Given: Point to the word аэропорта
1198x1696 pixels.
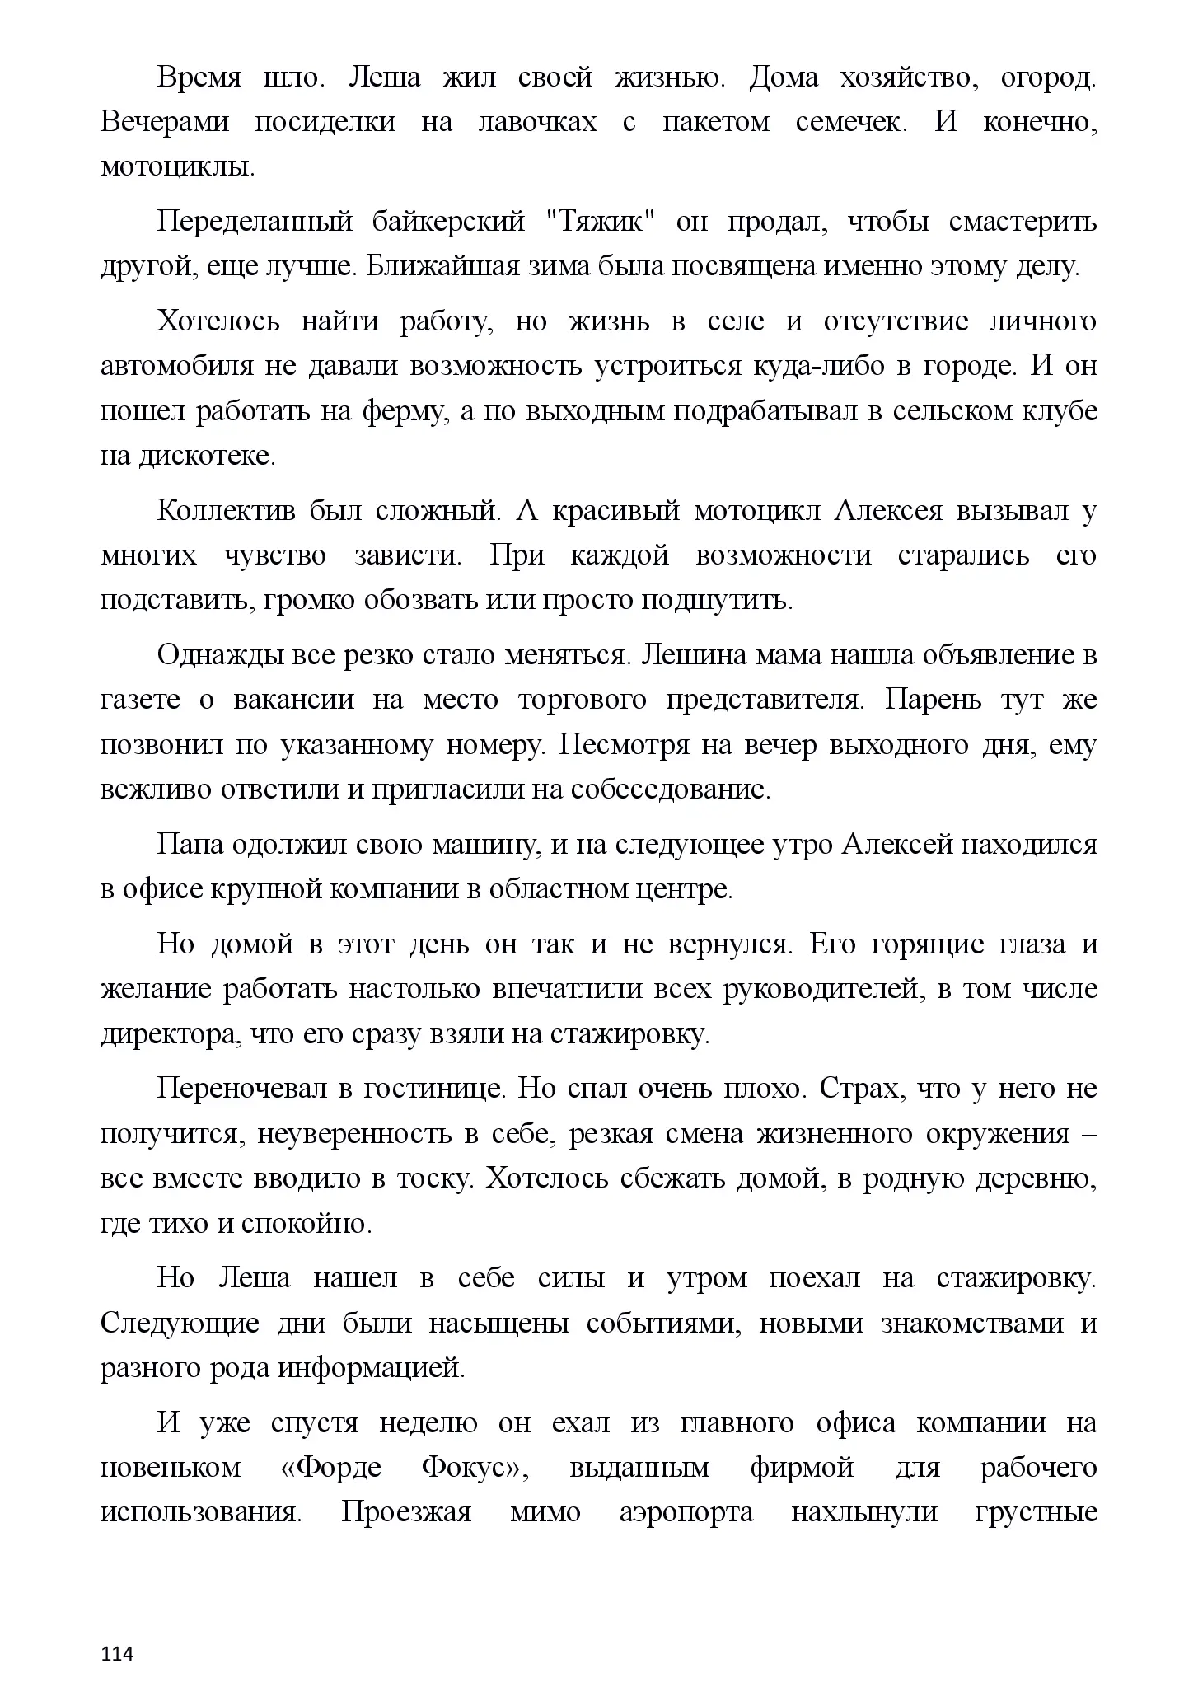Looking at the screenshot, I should (x=686, y=1512).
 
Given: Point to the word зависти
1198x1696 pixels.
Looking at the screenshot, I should (x=409, y=555).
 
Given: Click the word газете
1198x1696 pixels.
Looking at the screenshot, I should (x=140, y=700).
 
